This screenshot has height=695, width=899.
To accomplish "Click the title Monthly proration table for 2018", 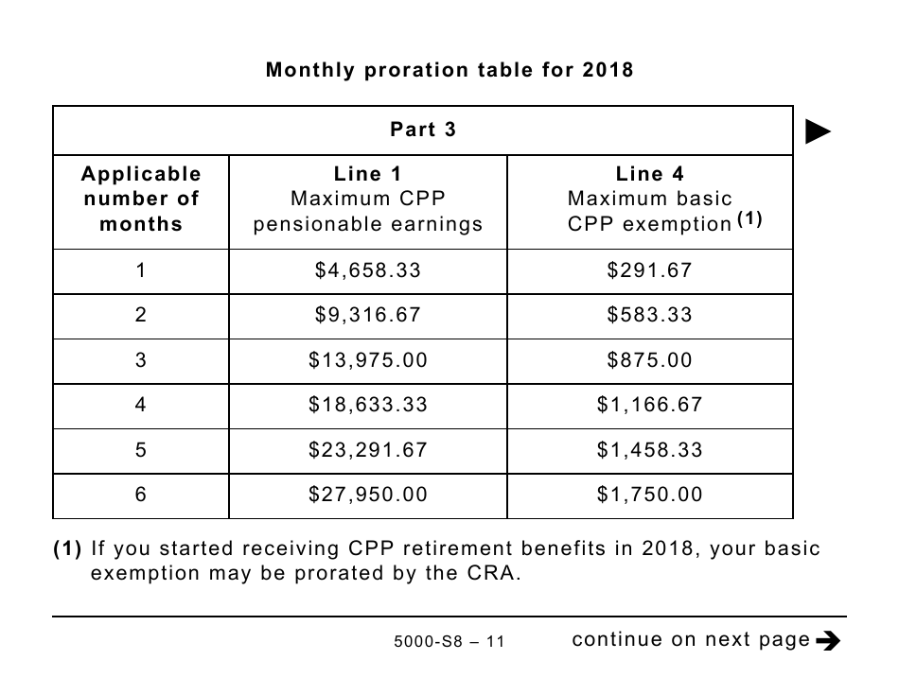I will point(449,70).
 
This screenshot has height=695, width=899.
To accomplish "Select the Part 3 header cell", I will point(423,130).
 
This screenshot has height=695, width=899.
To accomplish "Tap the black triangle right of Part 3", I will point(818,131).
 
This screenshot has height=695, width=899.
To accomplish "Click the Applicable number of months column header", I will point(141,199).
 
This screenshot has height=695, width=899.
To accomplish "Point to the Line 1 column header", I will point(368,199).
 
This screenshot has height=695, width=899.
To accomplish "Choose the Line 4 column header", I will point(650,199).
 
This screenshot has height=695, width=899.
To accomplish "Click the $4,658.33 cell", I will point(368,270).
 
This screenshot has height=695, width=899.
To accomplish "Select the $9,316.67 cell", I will point(368,315).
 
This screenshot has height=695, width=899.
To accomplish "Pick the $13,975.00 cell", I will point(368,360).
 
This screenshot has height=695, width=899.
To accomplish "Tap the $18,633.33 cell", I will point(368,405).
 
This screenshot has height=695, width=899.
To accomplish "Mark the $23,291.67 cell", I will point(368,450).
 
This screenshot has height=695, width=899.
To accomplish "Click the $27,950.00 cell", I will point(368,495).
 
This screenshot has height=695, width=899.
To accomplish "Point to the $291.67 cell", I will point(650,270).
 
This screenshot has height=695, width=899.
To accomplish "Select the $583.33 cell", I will point(650,315).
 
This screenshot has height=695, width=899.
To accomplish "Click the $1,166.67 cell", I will point(650,405).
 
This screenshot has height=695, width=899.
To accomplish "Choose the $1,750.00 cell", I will point(650,495).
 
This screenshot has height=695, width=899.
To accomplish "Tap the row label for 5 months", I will point(141,450).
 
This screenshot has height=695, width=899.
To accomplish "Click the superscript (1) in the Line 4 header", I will point(749,217).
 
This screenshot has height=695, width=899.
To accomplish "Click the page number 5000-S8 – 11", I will point(449,642).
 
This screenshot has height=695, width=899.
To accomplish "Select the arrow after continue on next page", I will point(827,641).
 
